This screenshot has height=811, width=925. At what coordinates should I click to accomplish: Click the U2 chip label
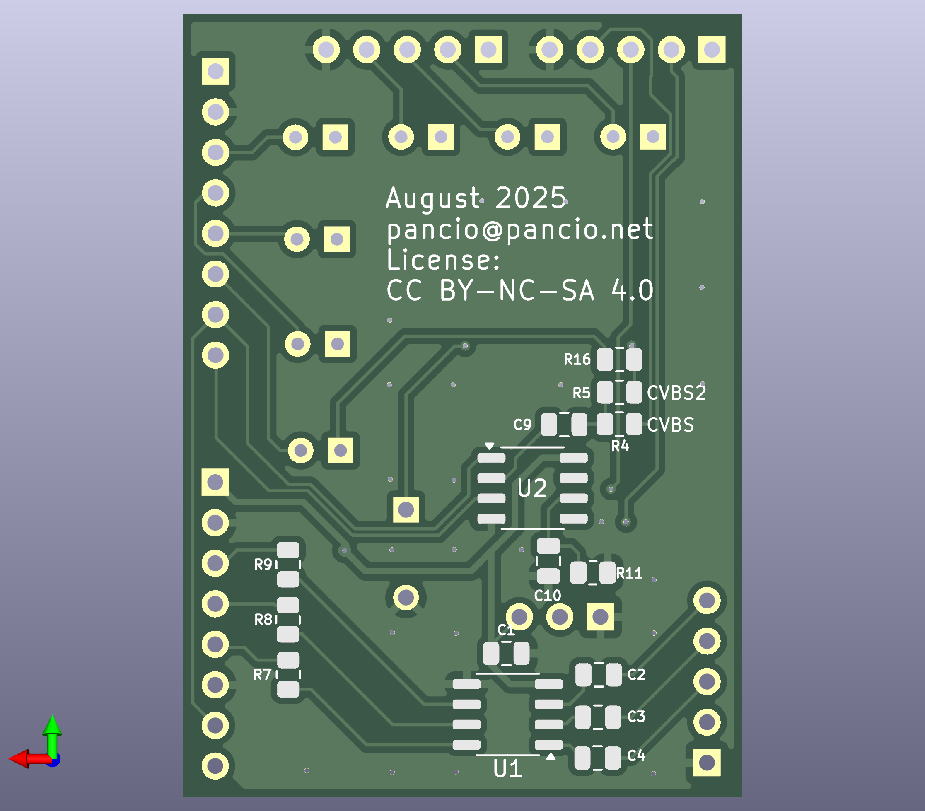pyautogui.click(x=532, y=488)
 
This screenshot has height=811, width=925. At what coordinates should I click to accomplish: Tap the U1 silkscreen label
pyautogui.click(x=508, y=769)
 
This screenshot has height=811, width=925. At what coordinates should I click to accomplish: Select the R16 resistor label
pyautogui.click(x=577, y=360)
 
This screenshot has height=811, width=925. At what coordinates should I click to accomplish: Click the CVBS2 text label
pyautogui.click(x=676, y=393)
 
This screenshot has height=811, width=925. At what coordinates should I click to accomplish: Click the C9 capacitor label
pyautogui.click(x=522, y=425)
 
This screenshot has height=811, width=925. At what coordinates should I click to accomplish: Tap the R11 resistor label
pyautogui.click(x=629, y=573)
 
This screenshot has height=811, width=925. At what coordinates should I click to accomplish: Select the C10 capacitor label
pyautogui.click(x=548, y=596)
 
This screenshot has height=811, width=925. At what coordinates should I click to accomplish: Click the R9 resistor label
pyautogui.click(x=263, y=565)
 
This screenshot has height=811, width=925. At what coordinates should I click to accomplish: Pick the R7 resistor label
pyautogui.click(x=263, y=675)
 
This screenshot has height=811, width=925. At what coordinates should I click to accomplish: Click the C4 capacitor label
pyautogui.click(x=636, y=755)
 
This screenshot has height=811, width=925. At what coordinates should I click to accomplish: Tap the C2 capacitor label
pyautogui.click(x=636, y=675)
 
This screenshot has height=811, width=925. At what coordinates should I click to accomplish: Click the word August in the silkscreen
pyautogui.click(x=432, y=198)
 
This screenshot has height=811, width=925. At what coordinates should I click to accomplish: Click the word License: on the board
pyautogui.click(x=444, y=260)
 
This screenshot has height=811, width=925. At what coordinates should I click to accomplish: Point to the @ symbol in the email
pyautogui.click(x=493, y=229)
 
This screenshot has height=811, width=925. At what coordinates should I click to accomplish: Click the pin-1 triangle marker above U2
pyautogui.click(x=489, y=446)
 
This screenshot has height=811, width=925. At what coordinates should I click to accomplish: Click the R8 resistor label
pyautogui.click(x=263, y=620)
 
